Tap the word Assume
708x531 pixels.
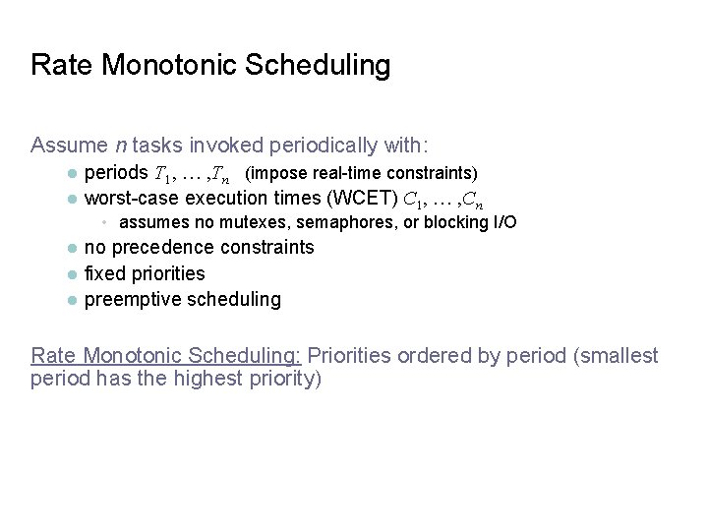69,146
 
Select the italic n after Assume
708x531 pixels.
120,146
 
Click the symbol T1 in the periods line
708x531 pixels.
160,174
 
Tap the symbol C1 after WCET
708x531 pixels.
412,199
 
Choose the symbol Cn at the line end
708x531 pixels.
472,200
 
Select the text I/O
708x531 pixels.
503,222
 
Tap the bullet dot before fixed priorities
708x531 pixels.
72,274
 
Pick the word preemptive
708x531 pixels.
131,299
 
